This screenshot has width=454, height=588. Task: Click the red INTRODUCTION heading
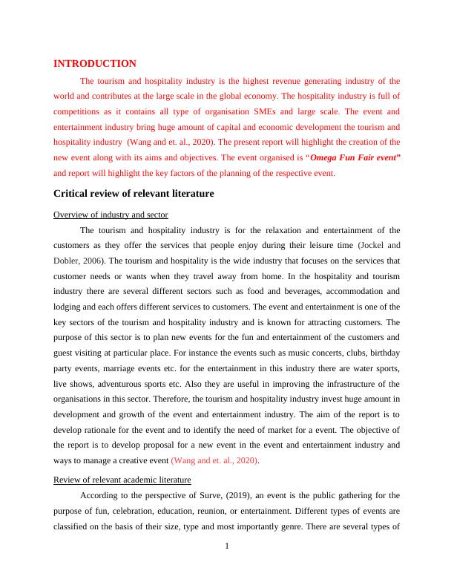click(x=95, y=64)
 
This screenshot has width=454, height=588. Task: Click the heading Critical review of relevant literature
click(x=134, y=193)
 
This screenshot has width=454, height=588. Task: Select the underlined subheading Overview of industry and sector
click(x=111, y=215)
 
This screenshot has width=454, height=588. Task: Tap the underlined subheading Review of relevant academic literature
click(x=122, y=480)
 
